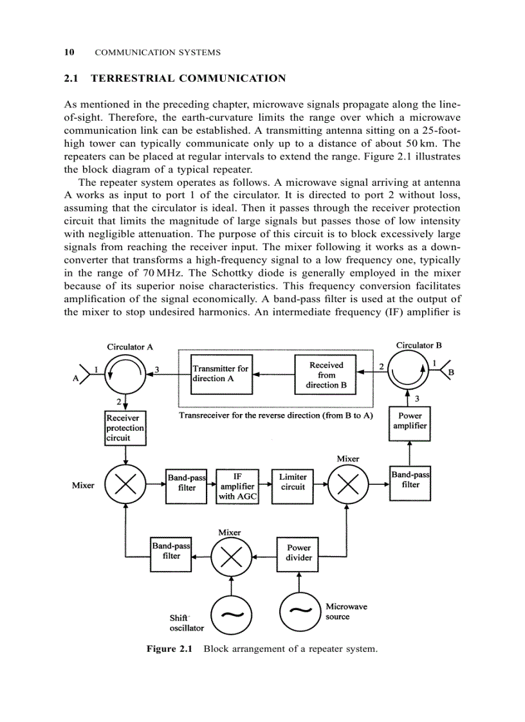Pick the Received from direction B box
(x=326, y=374)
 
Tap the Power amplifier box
(x=410, y=422)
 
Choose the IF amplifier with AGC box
(x=237, y=487)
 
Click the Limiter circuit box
(x=293, y=483)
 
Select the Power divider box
(x=299, y=553)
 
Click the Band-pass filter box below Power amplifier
(x=410, y=482)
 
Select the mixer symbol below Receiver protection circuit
(x=125, y=485)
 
